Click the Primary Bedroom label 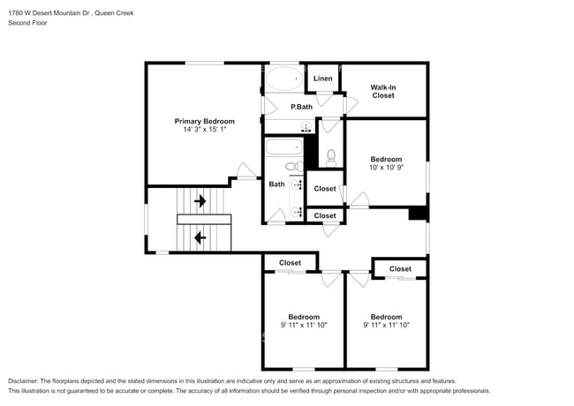204,121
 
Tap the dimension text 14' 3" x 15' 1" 204,130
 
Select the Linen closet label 322,79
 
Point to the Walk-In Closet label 382,91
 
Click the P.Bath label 301,107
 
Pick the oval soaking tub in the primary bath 283,81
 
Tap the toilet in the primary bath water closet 331,157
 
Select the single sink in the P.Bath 306,127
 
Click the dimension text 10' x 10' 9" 385,168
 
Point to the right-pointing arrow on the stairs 200,201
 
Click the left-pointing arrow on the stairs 200,237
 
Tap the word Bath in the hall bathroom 276,184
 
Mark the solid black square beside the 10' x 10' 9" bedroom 417,214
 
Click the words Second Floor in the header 27,22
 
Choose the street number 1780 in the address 16,11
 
